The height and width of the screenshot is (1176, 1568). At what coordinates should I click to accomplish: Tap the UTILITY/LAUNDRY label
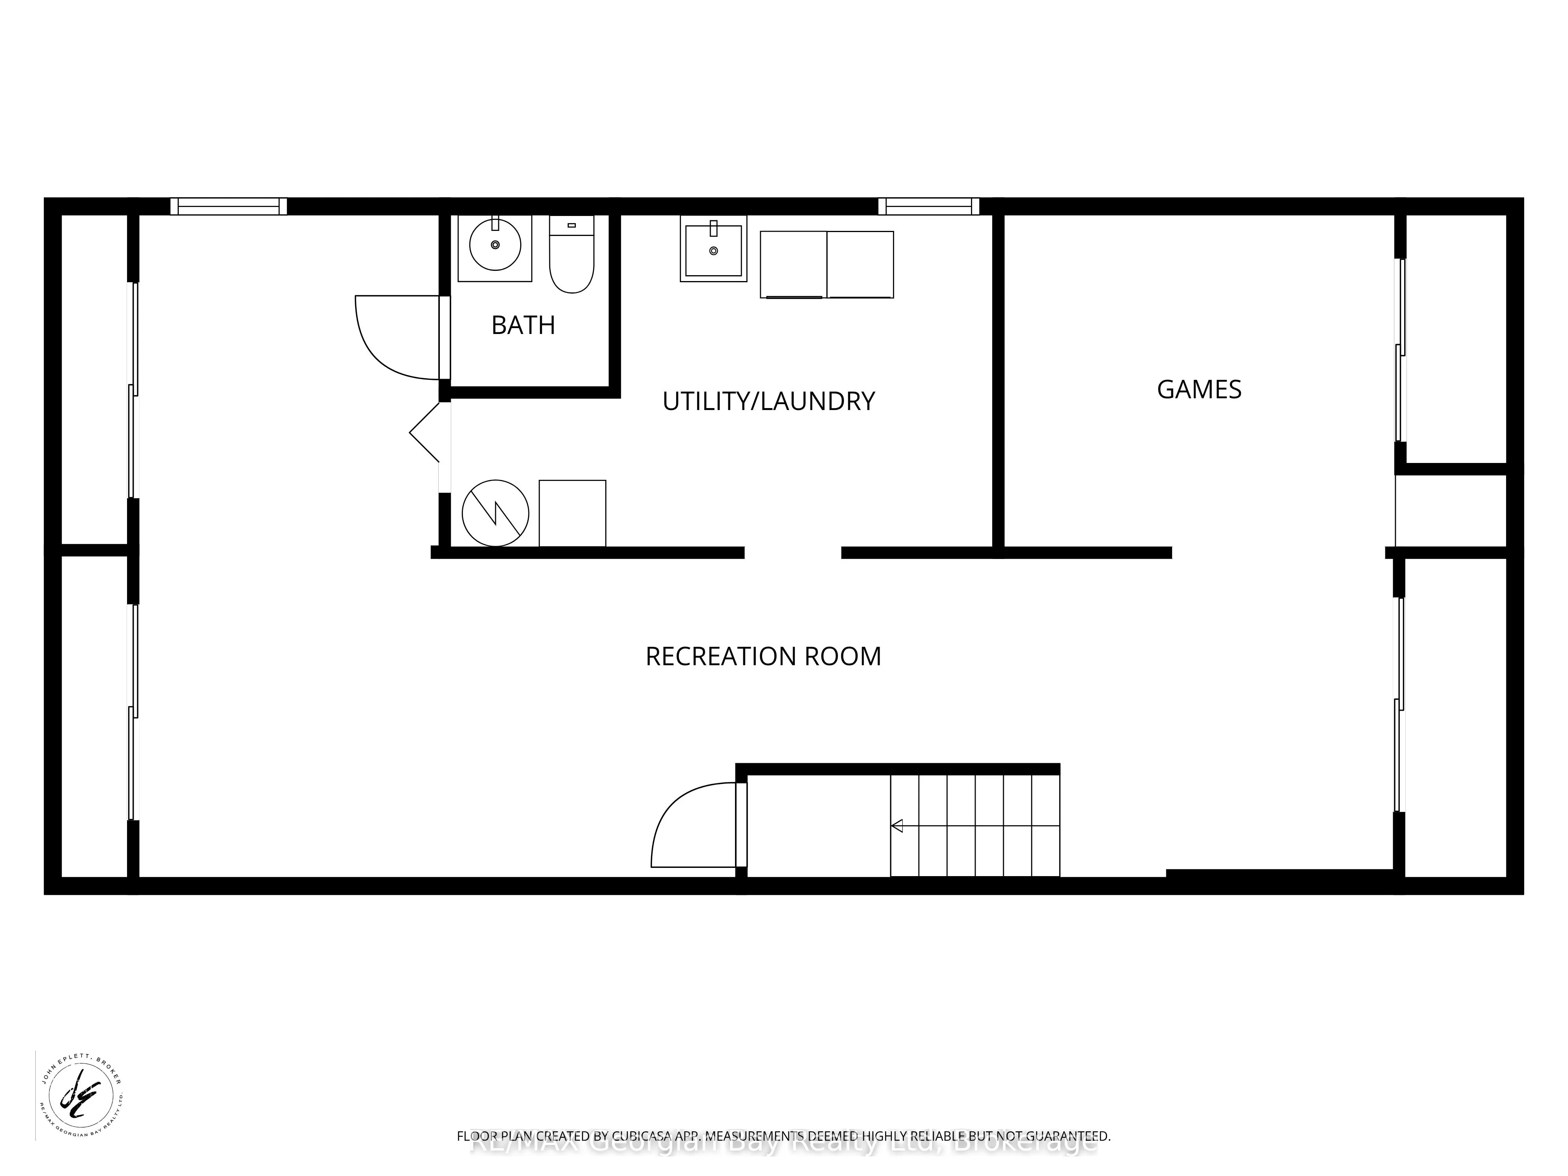click(x=768, y=401)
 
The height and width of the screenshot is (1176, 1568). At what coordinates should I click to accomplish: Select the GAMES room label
click(x=1199, y=389)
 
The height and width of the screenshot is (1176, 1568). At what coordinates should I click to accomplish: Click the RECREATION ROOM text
click(x=763, y=657)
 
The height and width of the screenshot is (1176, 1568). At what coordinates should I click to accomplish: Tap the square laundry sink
click(x=713, y=250)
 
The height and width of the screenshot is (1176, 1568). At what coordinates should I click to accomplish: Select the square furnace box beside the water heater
click(x=572, y=513)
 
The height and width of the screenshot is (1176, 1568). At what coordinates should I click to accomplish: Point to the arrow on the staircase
click(x=897, y=825)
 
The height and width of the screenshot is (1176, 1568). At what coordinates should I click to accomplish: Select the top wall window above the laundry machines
click(x=929, y=206)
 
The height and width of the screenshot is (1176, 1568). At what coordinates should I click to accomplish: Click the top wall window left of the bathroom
click(x=228, y=206)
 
